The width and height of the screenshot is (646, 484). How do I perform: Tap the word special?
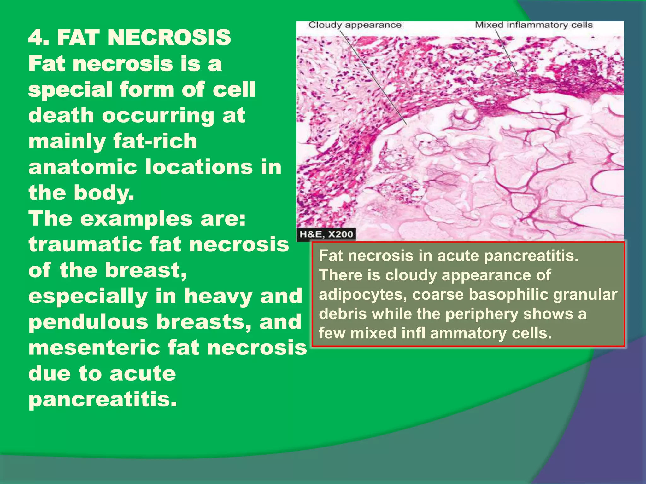click(x=70, y=90)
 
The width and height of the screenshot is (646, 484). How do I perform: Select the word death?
click(x=61, y=115)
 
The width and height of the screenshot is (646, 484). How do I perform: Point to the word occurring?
click(x=158, y=115)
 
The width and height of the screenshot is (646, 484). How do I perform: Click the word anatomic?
click(x=83, y=167)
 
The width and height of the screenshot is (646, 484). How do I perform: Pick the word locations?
click(x=199, y=167)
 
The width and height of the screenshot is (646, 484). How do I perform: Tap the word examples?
click(x=136, y=218)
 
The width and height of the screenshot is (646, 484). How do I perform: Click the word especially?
click(x=88, y=296)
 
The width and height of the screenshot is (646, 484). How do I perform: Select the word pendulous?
click(x=88, y=322)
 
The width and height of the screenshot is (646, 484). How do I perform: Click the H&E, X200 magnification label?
click(x=326, y=234)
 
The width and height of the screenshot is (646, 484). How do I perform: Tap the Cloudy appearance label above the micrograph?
click(x=355, y=25)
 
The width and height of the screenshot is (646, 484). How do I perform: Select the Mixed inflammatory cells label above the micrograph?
click(x=534, y=25)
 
